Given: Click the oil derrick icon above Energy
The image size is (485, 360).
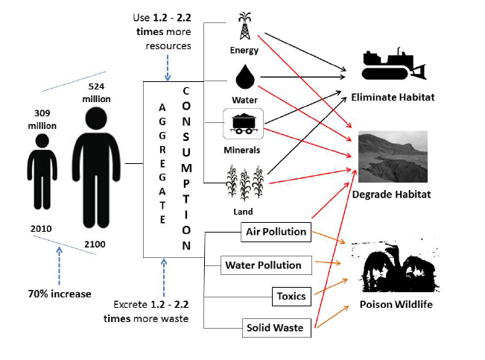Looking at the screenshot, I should pyautogui.click(x=245, y=28).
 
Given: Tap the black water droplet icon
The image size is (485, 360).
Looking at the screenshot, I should pyautogui.click(x=245, y=76).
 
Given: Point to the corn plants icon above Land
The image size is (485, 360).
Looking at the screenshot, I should pyautogui.click(x=245, y=182).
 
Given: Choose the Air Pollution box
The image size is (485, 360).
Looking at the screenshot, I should pyautogui.click(x=276, y=232).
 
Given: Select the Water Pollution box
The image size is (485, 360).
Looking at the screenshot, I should pyautogui.click(x=263, y=265).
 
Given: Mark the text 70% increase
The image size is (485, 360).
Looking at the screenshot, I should pyautogui.click(x=60, y=294).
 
